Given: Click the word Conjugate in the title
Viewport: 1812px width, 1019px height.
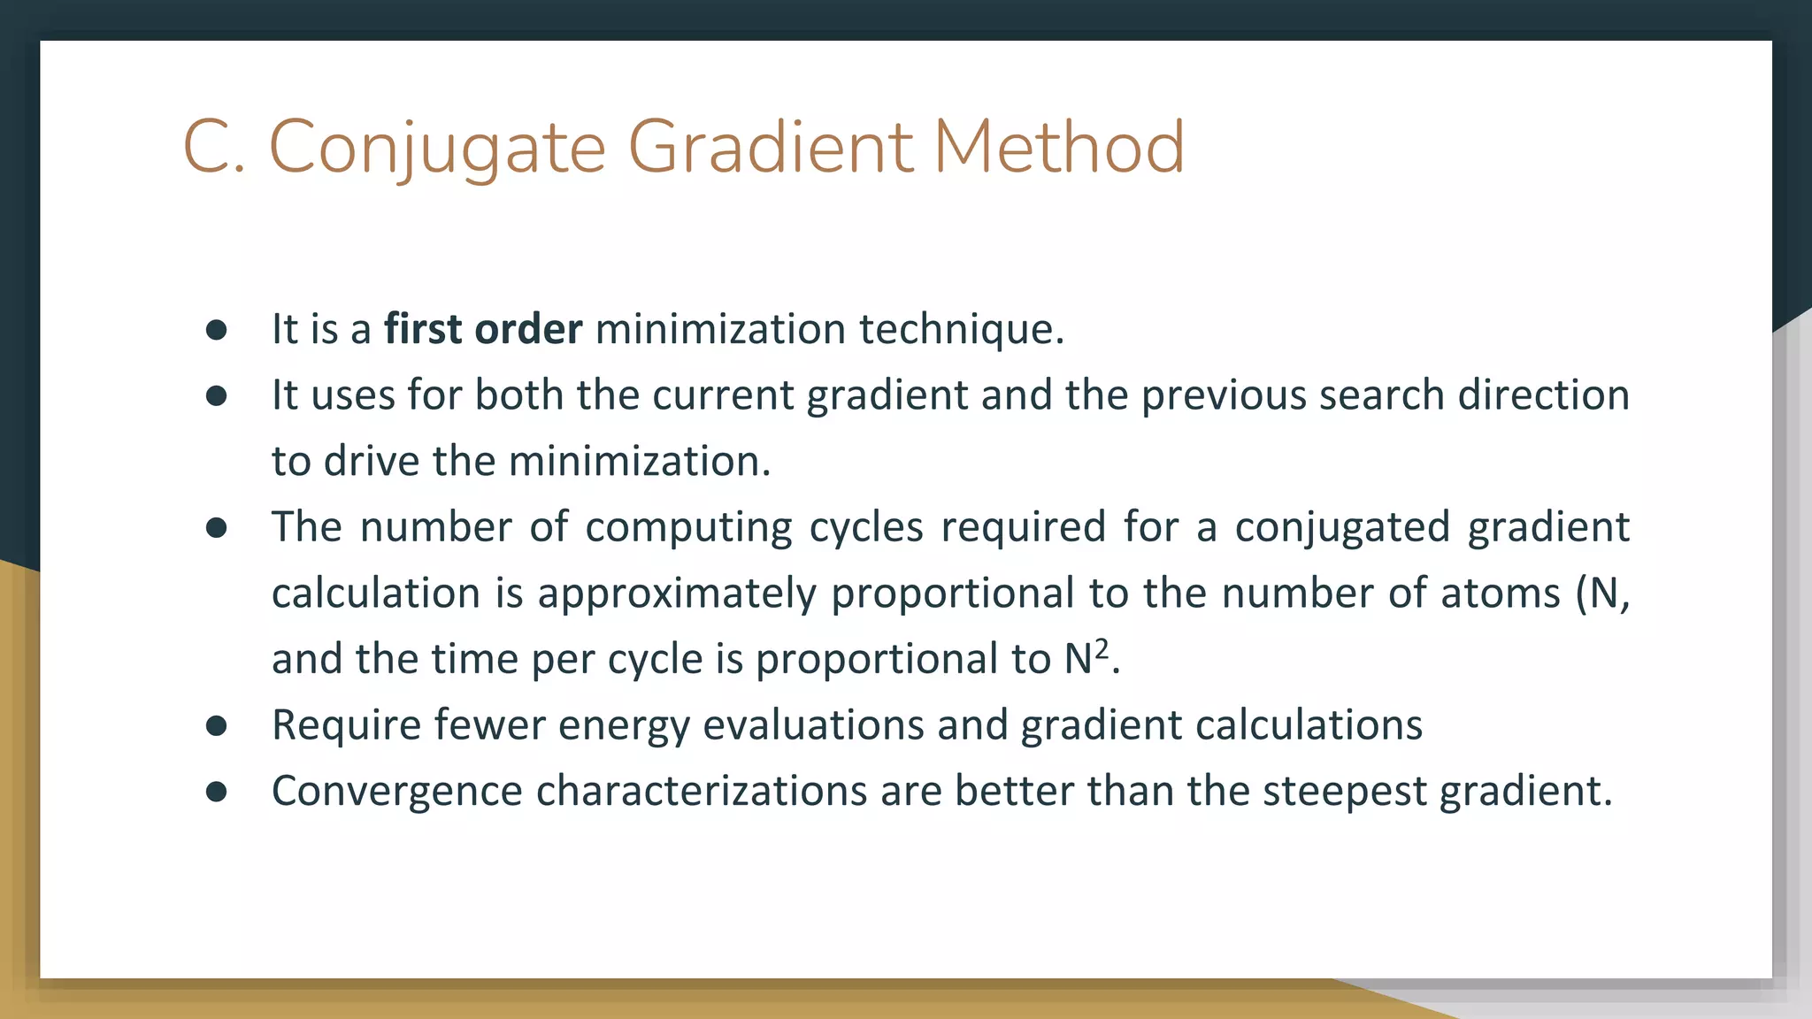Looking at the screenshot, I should click(437, 147).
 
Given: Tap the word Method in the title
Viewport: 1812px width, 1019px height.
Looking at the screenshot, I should click(1058, 147).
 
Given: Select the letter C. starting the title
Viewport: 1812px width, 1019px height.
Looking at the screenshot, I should click(213, 147).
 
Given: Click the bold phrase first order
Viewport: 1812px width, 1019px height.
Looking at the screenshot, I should click(483, 329).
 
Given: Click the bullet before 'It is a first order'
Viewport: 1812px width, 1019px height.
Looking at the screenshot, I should click(217, 330).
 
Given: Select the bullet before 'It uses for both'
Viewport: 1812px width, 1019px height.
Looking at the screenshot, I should click(217, 396).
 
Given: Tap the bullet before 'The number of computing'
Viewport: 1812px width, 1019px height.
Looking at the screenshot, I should click(217, 528).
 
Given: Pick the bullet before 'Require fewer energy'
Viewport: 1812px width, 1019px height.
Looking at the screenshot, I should click(217, 726).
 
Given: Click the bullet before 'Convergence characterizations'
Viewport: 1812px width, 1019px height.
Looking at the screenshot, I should click(217, 792).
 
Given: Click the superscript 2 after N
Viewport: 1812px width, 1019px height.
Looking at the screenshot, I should click(1101, 648).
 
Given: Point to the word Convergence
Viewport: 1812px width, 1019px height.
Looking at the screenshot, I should click(396, 791).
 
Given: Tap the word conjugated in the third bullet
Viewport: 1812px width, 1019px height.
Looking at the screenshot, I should click(1342, 527).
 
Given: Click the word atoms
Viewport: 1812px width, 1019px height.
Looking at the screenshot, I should click(1501, 593).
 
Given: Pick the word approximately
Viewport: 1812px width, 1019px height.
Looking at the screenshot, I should click(677, 593).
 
